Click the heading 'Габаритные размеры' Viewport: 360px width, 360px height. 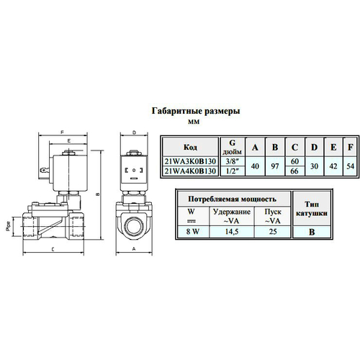(195, 112)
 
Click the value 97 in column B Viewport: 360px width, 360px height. (274, 166)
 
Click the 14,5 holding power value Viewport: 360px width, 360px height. (232, 231)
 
